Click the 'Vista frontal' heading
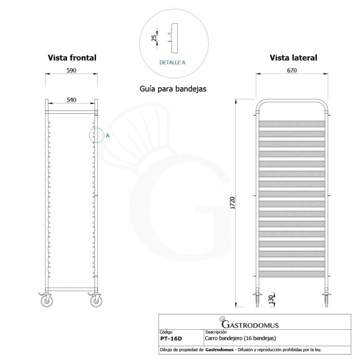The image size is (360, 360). pyautogui.click(x=72, y=58)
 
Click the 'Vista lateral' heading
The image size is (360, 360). pyautogui.click(x=293, y=58)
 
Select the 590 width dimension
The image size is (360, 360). pyautogui.click(x=72, y=71)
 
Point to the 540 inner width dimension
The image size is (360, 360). pyautogui.click(x=72, y=100)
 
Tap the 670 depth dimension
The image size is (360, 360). pyautogui.click(x=293, y=71)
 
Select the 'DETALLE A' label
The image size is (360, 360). pyautogui.click(x=172, y=63)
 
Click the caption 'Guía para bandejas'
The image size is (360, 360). pyautogui.click(x=173, y=89)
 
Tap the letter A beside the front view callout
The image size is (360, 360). pyautogui.click(x=108, y=135)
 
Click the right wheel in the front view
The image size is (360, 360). pyautogui.click(x=96, y=300)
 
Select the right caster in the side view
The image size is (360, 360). pyautogui.click(x=326, y=298)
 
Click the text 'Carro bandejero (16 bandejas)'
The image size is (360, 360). pyautogui.click(x=240, y=337)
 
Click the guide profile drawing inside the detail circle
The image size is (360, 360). pyautogui.click(x=173, y=37)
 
